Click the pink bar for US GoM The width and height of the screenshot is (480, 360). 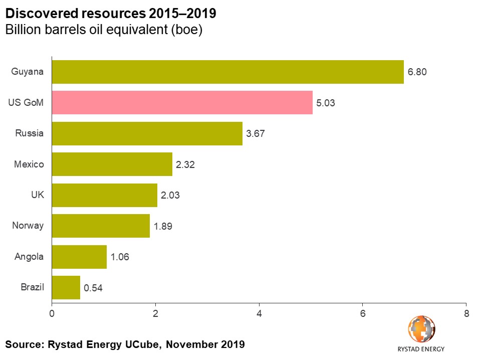(182, 103)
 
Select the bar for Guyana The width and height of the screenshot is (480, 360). (228, 72)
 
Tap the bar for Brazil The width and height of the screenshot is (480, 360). (66, 287)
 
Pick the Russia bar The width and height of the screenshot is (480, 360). (147, 133)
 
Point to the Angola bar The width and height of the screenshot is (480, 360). (79, 257)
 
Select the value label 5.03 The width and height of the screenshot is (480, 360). (326, 103)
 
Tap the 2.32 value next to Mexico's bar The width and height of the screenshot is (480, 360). (185, 164)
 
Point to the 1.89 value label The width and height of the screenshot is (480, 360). (163, 226)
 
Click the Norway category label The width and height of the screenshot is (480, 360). (28, 226)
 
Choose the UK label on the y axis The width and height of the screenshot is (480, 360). (37, 195)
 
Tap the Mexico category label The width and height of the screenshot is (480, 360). (29, 164)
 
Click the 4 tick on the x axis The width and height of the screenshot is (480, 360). (259, 314)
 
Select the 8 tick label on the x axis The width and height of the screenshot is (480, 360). (466, 314)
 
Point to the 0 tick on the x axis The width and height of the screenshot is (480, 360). (52, 314)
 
